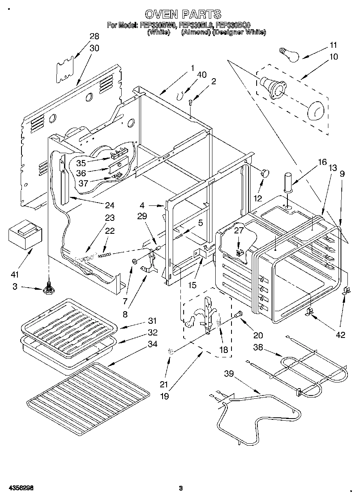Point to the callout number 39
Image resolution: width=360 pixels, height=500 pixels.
(229, 374)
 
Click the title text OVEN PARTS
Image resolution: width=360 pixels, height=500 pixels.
(183, 15)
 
